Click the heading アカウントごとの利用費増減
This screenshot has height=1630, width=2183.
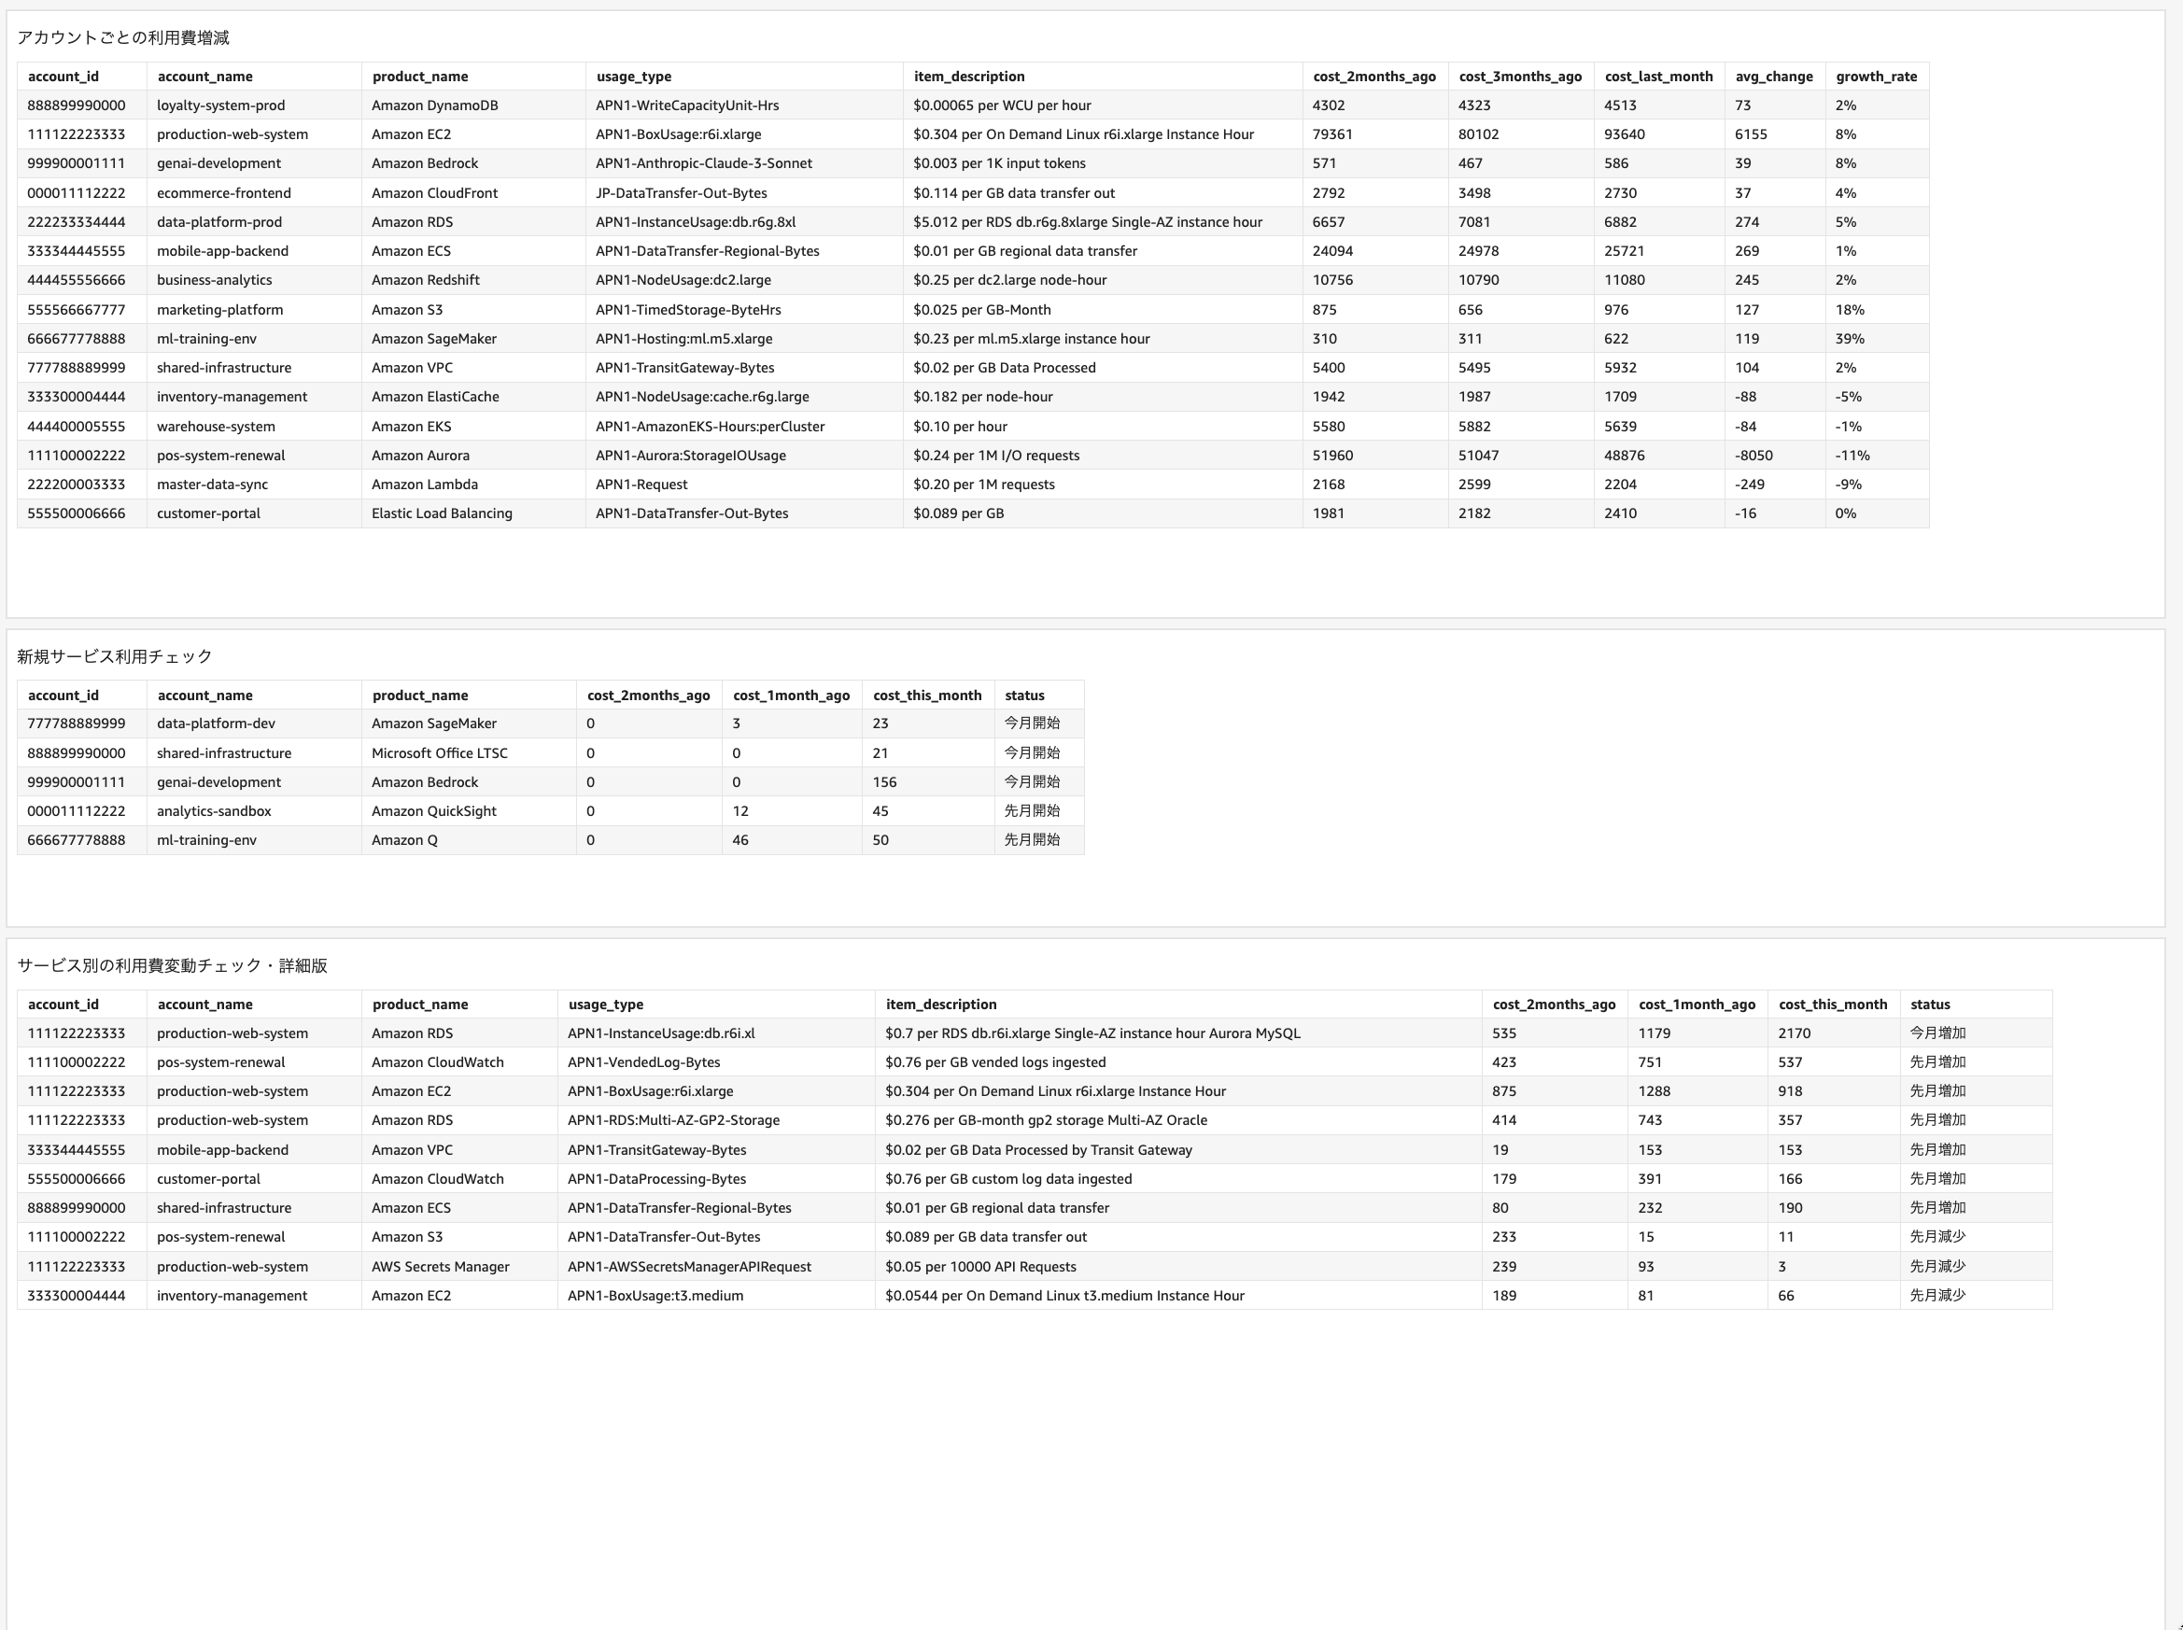[x=123, y=38]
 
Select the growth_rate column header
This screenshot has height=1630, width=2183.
[x=1875, y=77]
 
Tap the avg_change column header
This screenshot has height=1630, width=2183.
[x=1773, y=77]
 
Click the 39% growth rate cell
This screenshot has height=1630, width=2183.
[x=1850, y=340]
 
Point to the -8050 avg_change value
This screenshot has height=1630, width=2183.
[x=1753, y=456]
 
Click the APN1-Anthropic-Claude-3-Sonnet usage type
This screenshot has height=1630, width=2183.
[x=704, y=163]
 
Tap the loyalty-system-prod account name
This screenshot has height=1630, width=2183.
[x=220, y=105]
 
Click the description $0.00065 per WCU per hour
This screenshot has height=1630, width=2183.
[x=1002, y=105]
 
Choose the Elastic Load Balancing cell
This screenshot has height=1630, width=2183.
[x=441, y=514]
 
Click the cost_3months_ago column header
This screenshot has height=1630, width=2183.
[x=1520, y=77]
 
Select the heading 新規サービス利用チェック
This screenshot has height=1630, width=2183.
[x=115, y=657]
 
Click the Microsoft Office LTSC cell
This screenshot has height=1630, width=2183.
[x=439, y=753]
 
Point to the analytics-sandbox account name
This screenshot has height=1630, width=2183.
[x=213, y=812]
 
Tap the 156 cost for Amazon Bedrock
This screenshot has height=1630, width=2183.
[x=884, y=782]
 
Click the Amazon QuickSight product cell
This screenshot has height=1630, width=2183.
[x=433, y=812]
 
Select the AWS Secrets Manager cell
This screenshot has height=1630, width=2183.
[x=440, y=1267]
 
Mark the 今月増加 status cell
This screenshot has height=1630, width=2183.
[x=1937, y=1034]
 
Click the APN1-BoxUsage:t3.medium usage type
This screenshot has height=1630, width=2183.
[x=655, y=1297]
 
